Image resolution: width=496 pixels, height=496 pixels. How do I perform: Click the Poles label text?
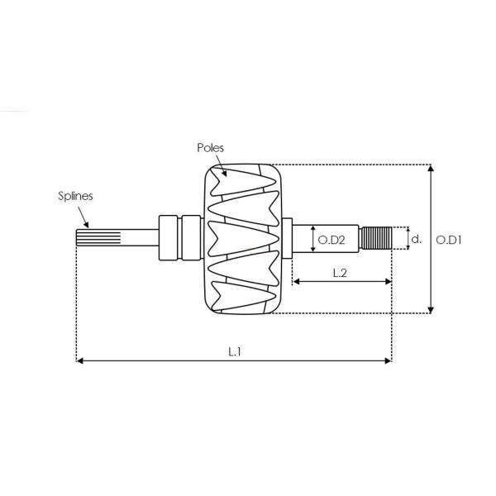tap(210, 148)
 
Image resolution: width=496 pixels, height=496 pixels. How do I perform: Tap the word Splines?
tap(75, 196)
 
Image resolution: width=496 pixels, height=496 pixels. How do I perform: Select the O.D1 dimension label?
tap(449, 240)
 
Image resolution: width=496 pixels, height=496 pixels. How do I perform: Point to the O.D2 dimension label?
tap(331, 240)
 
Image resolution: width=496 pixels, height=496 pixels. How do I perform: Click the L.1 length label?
tap(235, 351)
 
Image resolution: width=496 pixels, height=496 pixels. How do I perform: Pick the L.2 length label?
tap(340, 273)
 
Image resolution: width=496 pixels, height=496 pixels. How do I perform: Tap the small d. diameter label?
tap(417, 239)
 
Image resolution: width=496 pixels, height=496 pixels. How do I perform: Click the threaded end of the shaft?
tap(377, 238)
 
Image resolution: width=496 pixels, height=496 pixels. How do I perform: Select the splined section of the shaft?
tap(98, 238)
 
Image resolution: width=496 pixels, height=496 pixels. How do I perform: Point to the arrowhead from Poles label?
tap(224, 173)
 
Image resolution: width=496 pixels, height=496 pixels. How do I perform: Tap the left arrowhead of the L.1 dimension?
tap(80, 360)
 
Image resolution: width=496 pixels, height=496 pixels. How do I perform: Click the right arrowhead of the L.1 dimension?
tap(389, 360)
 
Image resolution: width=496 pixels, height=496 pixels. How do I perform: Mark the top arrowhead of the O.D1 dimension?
tap(431, 168)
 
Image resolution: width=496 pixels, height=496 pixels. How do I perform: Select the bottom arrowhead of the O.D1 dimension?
tap(431, 310)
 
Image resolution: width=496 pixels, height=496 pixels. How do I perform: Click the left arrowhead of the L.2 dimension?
tap(296, 282)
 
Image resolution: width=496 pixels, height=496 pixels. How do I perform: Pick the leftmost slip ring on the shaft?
tap(168, 238)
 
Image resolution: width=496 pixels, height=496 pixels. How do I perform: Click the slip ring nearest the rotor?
tap(192, 238)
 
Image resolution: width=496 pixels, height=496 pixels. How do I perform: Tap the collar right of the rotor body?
tap(287, 238)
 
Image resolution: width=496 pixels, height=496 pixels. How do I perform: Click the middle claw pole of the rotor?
tap(243, 238)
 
